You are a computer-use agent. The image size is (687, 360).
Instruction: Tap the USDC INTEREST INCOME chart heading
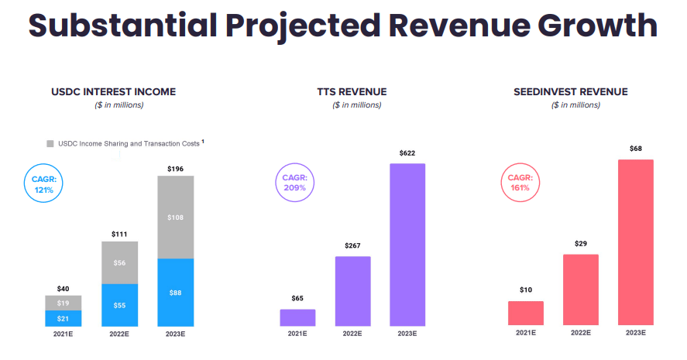coord(113,92)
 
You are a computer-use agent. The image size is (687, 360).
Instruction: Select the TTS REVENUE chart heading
coord(352,92)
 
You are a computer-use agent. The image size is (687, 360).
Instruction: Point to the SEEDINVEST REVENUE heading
coord(570,92)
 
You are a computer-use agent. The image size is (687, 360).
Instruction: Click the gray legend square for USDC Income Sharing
coord(50,143)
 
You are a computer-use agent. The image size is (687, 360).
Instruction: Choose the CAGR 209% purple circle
coord(294,184)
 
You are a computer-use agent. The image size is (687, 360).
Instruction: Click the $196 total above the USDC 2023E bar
coord(176,168)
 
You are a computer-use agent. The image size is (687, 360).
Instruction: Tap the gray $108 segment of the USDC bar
coord(176,218)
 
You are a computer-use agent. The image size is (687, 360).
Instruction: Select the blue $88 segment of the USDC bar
coord(176,292)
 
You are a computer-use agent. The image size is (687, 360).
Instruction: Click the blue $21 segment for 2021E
coord(64,317)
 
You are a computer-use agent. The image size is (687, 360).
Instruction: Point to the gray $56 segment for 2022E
coord(119,262)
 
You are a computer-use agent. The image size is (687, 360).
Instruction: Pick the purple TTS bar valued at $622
coord(407,244)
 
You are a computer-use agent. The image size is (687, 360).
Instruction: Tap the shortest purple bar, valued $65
coord(297,317)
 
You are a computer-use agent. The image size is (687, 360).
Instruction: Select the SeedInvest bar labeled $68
coord(636,242)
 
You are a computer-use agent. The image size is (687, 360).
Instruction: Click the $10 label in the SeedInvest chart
coord(526,290)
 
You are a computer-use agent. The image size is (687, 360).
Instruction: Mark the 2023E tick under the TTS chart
coord(407,334)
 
